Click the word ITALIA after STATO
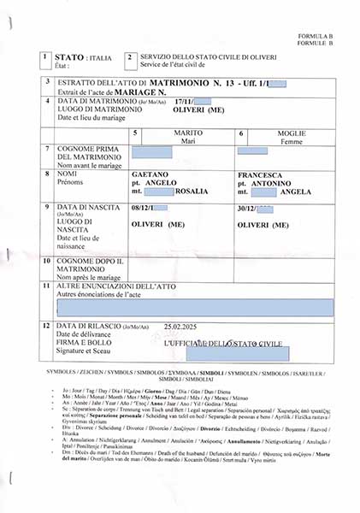point(100,56)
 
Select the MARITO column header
point(188,134)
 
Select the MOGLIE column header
point(292,134)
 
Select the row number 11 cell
point(45,286)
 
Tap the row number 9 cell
point(45,208)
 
